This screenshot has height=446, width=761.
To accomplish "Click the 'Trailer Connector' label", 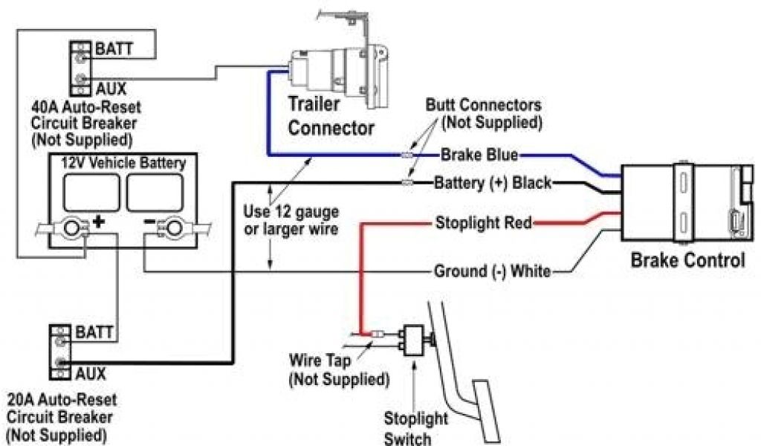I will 331,116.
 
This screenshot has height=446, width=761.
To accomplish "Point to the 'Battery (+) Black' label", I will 492,182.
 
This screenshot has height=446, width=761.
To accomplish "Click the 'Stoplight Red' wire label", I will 483,222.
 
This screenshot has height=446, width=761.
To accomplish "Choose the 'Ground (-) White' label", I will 492,271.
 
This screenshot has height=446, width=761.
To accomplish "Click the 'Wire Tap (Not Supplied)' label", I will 338,371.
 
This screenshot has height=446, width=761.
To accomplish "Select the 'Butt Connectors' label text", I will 483,105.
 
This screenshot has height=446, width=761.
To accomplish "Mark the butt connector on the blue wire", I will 405,155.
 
